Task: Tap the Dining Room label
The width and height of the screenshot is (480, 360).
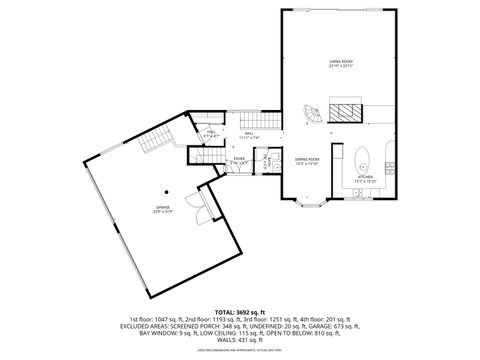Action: (x=307, y=161)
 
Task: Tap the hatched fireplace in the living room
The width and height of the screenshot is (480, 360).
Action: (x=345, y=110)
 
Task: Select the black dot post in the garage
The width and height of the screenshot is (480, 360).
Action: (x=167, y=191)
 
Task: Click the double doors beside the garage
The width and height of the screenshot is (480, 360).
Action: (x=204, y=211)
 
